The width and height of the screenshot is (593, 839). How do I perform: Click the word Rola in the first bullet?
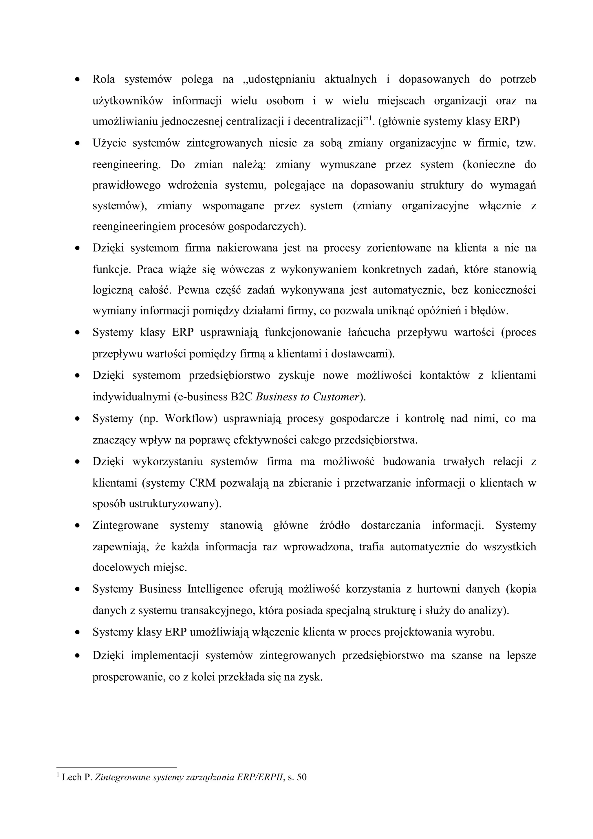pos(103,79)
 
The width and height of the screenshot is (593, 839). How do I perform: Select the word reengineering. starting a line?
pos(127,164)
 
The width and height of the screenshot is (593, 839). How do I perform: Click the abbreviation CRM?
pos(202,483)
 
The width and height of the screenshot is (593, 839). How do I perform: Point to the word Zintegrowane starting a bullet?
pos(125,525)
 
